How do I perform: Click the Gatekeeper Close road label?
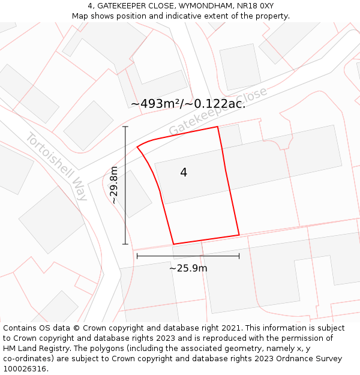(x=217, y=112)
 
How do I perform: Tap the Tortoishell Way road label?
(x=56, y=166)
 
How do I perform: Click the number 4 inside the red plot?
(x=184, y=173)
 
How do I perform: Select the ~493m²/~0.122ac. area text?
(x=188, y=103)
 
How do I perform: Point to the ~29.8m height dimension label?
(x=113, y=185)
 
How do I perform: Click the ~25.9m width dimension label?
(x=188, y=268)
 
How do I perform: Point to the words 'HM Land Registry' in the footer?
(x=35, y=349)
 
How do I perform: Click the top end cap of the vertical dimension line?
(x=125, y=127)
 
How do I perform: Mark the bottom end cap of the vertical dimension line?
(x=125, y=244)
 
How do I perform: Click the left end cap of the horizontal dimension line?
(x=137, y=256)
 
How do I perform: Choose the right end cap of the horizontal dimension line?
(x=239, y=256)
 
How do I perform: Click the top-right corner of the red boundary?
(x=217, y=127)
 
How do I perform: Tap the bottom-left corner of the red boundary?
(x=173, y=244)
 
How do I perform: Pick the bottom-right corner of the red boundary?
(x=239, y=235)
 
